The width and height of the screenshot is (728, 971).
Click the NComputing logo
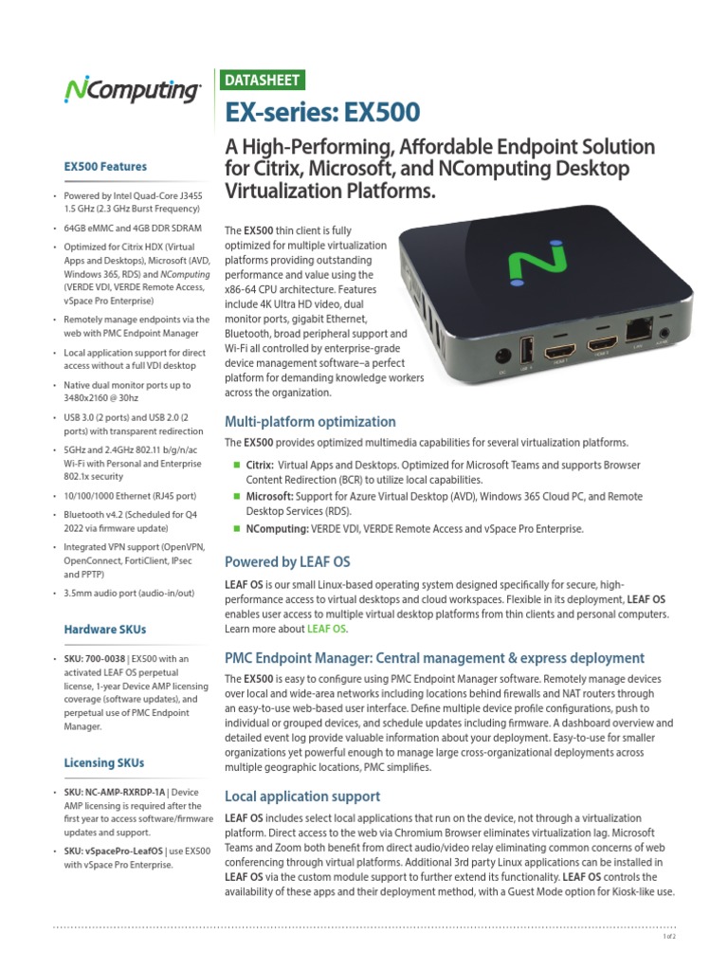point(132,91)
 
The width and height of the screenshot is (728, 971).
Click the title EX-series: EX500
point(321,113)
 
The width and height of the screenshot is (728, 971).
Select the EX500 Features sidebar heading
point(105,167)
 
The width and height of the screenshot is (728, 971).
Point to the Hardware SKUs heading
point(105,629)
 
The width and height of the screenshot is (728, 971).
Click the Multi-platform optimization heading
point(309,421)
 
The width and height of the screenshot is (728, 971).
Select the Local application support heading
point(301,796)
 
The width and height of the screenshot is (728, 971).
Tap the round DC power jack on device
point(502,357)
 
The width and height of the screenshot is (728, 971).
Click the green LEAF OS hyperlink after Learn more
point(326,629)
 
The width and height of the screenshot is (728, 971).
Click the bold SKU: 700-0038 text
point(95,659)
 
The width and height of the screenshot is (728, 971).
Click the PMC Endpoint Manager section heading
point(434,657)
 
